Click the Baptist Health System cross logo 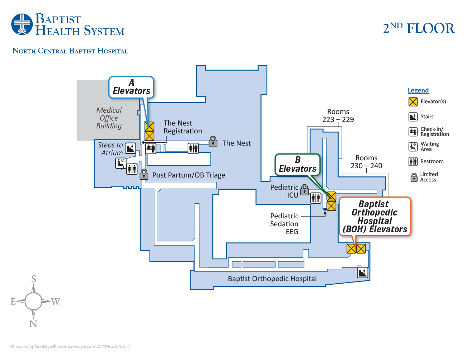tap(22, 24)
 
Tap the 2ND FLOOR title tap(419, 28)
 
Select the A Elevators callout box tap(131, 87)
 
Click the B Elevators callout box tap(297, 165)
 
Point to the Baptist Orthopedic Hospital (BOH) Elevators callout tap(375, 217)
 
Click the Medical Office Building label tap(109, 118)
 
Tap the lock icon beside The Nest tap(213, 142)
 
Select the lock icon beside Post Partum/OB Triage tap(144, 174)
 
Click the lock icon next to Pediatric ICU tap(305, 190)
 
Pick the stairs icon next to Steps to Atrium tap(130, 148)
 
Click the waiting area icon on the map tap(121, 163)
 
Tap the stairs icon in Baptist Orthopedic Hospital tap(363, 273)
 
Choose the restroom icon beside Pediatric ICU tap(316, 198)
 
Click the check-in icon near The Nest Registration tap(151, 148)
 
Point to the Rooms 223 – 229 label tap(338, 115)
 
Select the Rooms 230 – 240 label tap(366, 162)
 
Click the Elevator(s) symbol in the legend tap(413, 102)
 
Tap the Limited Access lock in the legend tap(414, 177)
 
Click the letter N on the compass tap(33, 324)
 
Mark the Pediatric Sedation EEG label tap(284, 224)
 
